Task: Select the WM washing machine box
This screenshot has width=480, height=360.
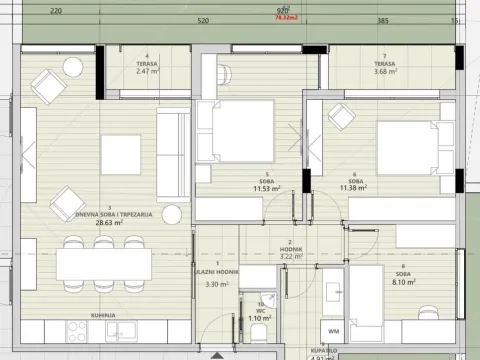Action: coord(333,331)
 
